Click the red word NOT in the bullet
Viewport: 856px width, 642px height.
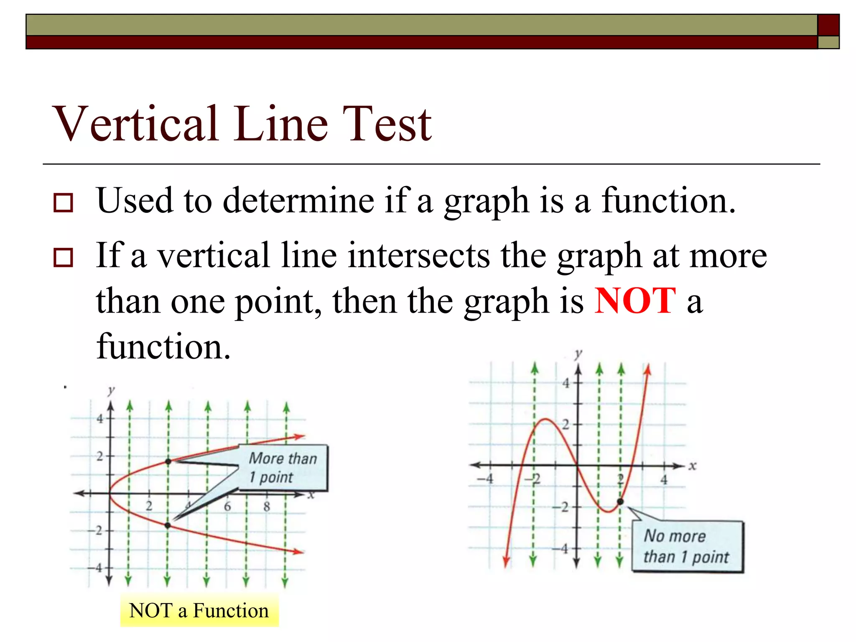click(x=634, y=301)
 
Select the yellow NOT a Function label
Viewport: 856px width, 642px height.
click(x=199, y=611)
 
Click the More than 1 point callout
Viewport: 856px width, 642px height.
click(x=283, y=467)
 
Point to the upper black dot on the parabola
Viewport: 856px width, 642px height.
click(x=168, y=461)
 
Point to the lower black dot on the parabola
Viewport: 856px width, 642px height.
click(x=168, y=525)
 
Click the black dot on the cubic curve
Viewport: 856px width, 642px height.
click(x=620, y=502)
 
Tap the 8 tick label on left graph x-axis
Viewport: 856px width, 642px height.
click(x=267, y=507)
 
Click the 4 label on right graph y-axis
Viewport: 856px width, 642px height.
click(x=566, y=383)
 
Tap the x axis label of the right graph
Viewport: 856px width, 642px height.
click(x=693, y=466)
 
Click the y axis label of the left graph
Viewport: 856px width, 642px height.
click(x=111, y=390)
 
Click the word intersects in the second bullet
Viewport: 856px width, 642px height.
click(x=419, y=255)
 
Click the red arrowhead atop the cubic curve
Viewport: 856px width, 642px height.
click(x=648, y=369)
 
